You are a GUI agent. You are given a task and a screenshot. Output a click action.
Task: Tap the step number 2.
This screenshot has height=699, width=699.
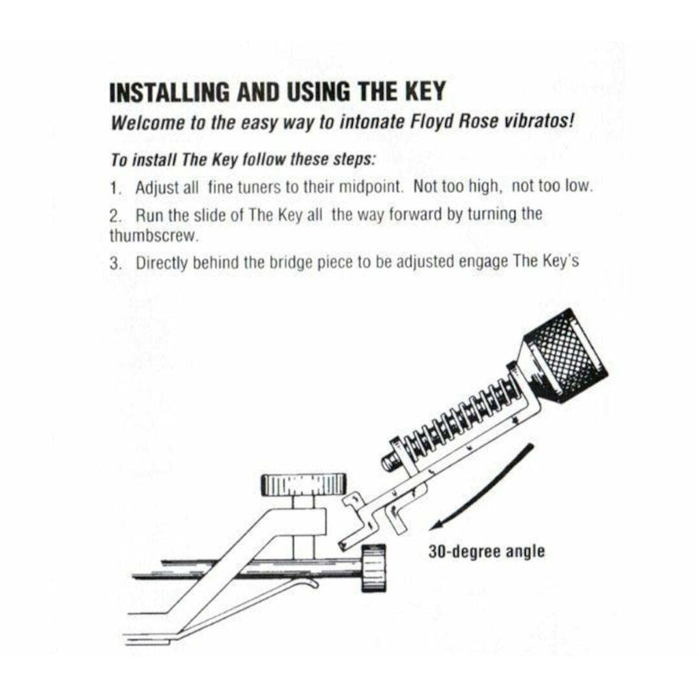coord(114,215)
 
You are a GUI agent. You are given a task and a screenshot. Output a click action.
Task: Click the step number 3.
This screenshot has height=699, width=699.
coord(114,263)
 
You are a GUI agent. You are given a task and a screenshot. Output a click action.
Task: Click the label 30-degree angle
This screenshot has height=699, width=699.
coord(487,550)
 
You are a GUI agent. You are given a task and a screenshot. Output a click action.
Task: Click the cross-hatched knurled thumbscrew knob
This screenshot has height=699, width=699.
coord(565,356)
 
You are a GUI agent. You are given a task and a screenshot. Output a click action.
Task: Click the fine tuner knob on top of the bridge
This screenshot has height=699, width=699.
coord(300,485)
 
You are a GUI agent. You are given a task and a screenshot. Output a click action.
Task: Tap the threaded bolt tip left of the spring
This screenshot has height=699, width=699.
coord(391,461)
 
